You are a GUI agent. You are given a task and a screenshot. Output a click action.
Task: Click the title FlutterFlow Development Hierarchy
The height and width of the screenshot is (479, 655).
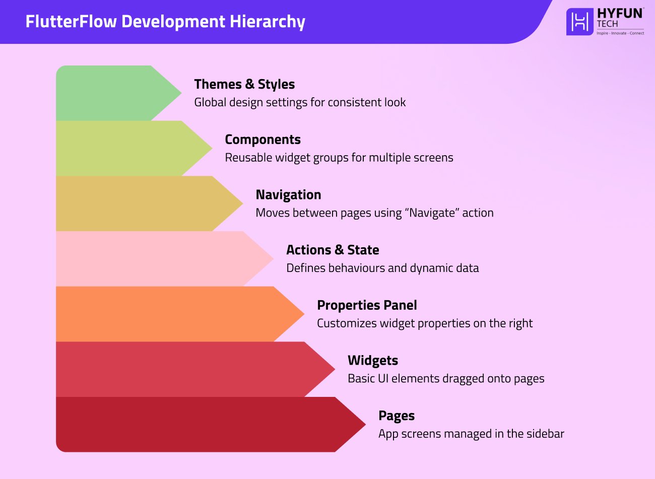(165, 22)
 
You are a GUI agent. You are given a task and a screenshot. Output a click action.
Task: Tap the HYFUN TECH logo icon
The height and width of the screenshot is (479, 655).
(580, 22)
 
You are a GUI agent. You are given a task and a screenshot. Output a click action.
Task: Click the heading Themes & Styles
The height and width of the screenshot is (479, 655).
(244, 84)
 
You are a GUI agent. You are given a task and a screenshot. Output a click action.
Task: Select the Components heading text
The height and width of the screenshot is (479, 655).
(263, 140)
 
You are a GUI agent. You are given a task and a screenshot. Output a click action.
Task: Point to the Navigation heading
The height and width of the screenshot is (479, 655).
(288, 195)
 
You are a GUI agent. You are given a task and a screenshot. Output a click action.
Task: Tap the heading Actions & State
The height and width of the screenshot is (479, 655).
(333, 250)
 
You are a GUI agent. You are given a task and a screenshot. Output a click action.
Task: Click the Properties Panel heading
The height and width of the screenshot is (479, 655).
(367, 305)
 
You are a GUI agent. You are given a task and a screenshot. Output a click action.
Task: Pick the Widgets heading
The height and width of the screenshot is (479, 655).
(373, 361)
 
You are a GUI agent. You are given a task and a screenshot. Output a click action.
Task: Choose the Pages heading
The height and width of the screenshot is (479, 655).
(397, 416)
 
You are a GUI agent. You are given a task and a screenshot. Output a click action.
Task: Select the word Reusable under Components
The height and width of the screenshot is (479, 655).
(246, 158)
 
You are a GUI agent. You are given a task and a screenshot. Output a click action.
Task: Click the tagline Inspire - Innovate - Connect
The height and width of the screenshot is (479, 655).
(620, 33)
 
